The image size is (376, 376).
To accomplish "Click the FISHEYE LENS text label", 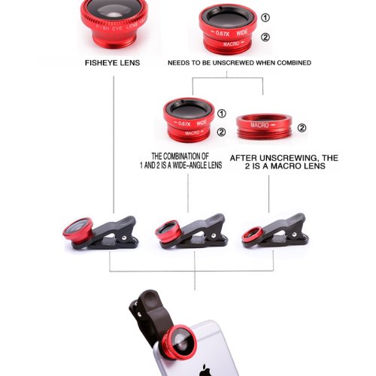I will pos(114,63).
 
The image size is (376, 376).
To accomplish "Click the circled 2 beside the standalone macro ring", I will pos(302,128).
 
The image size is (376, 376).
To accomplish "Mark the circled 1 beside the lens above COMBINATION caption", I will pos(221,114).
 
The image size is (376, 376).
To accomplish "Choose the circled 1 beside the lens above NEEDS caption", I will pos(264,18).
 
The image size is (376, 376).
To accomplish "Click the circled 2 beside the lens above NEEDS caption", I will pos(264,37).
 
